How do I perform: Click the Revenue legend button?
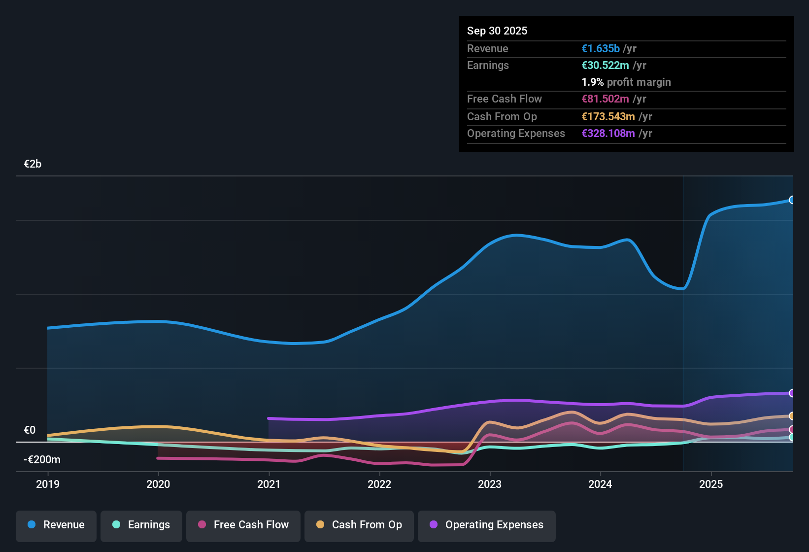[x=56, y=525]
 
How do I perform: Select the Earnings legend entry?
[x=141, y=525]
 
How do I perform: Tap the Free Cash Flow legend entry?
[x=243, y=525]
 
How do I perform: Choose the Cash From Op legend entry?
[x=359, y=525]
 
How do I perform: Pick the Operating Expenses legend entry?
[x=487, y=525]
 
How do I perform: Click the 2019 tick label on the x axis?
[x=48, y=484]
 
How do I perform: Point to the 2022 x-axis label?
[x=379, y=484]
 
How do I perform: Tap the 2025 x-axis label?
[x=711, y=484]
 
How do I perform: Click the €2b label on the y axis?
[x=33, y=164]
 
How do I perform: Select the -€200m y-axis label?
[x=42, y=460]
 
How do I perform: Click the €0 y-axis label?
[x=30, y=430]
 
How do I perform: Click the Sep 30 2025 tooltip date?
[x=497, y=31]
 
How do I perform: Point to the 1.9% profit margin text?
[x=626, y=82]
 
